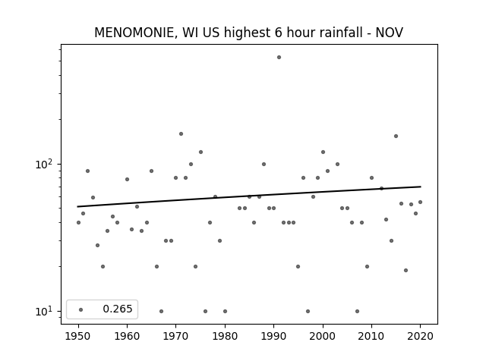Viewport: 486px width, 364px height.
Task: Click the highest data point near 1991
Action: click(279, 58)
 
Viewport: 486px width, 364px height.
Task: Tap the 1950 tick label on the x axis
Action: click(78, 336)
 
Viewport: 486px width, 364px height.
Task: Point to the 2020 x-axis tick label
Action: click(420, 336)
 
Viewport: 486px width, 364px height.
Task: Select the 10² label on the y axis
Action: click(44, 164)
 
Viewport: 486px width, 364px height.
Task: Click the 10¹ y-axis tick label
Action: click(44, 311)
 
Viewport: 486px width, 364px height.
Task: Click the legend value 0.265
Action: click(118, 309)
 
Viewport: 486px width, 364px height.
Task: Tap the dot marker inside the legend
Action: click(81, 309)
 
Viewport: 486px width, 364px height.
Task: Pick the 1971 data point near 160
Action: click(181, 133)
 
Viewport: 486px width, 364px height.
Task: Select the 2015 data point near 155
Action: click(396, 136)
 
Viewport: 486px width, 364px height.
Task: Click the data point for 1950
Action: click(78, 222)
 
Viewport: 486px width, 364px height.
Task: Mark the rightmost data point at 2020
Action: click(420, 202)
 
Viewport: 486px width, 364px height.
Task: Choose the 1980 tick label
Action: click(225, 336)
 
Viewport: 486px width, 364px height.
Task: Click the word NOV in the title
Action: click(390, 33)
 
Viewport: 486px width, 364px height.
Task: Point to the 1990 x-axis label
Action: click(273, 336)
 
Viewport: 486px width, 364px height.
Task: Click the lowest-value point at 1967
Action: click(161, 311)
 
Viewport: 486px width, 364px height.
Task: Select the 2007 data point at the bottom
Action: click(357, 311)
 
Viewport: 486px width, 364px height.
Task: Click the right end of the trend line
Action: click(421, 187)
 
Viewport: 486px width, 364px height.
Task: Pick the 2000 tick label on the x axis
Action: click(323, 336)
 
